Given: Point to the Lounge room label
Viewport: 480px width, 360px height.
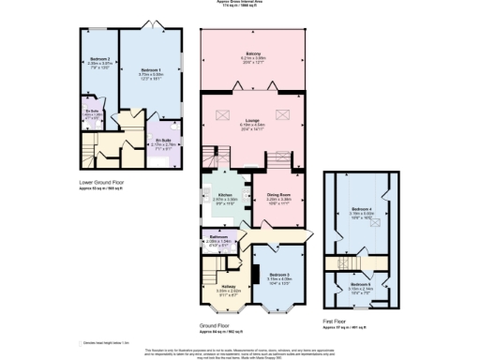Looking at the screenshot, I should coord(253,121).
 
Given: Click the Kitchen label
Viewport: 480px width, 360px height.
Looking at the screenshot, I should coord(213,195).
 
